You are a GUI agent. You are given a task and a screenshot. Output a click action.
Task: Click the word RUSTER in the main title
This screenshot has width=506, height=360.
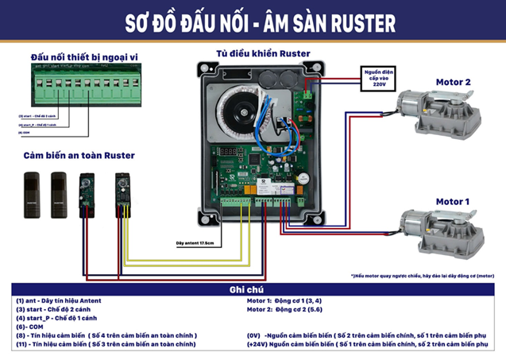tap(352, 21)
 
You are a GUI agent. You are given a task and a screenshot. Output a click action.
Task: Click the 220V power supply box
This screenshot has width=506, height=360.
tap(377, 79)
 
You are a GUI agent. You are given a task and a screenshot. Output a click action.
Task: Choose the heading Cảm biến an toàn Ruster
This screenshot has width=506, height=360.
tap(79, 155)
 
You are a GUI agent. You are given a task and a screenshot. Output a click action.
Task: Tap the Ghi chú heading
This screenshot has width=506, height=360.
tap(252, 290)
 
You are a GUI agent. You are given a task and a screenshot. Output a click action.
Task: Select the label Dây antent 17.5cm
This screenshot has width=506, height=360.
tap(195, 242)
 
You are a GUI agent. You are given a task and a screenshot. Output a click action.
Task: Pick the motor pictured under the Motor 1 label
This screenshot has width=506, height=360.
tap(437, 230)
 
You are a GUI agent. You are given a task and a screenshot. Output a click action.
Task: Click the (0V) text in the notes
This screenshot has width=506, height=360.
tap(257, 335)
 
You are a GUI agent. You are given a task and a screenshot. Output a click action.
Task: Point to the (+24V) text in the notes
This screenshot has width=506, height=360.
tap(258, 345)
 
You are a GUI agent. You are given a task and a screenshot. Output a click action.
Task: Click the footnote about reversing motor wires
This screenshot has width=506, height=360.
tap(422, 276)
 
